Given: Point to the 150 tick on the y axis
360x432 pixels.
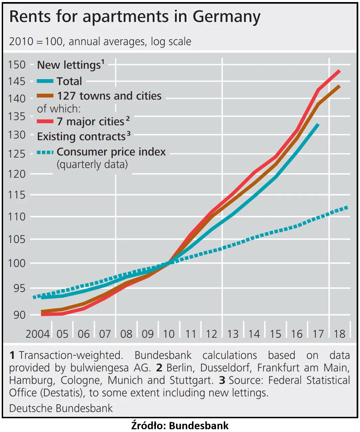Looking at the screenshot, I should coord(17,65).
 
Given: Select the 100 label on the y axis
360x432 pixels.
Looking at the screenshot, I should coord(17,263).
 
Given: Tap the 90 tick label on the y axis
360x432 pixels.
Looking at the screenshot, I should coord(20,315).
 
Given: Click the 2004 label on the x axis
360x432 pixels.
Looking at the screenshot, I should coord(37,334).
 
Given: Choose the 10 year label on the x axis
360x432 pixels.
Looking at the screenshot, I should coord(169,334).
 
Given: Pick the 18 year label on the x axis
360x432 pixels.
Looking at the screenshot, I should coord(339,334).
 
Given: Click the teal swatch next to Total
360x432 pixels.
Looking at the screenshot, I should coord(45,81).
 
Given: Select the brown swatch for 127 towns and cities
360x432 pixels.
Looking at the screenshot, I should coord(45,96).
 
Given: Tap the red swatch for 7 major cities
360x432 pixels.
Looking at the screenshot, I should coord(45,122).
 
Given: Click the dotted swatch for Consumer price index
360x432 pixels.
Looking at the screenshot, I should coord(45,152).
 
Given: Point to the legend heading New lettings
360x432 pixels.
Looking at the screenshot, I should coord(69,65).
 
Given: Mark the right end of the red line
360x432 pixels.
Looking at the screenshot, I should coord(340,71).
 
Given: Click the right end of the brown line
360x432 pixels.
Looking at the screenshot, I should coord(340,86).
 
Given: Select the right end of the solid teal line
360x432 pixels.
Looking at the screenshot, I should coord(318,124).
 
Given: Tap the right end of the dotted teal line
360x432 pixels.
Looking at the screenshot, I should coord(347,207).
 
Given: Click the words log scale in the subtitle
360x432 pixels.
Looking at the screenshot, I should coord(171,42).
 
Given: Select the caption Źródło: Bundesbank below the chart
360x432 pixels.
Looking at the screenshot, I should coord(180,425).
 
